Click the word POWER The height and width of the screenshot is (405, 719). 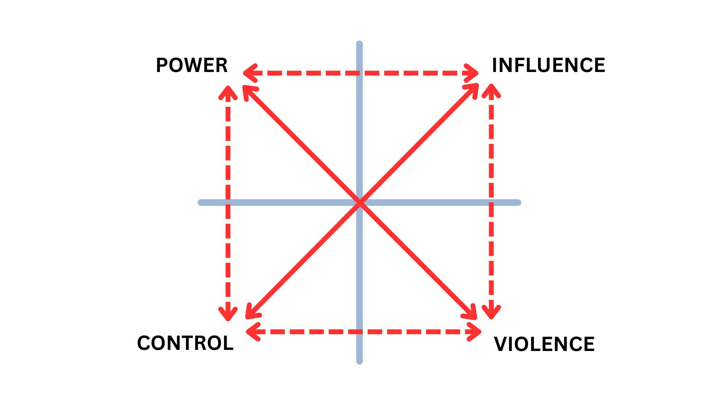click(191, 65)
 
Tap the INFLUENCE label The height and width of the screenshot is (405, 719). click(548, 65)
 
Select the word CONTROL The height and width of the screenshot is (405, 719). click(185, 343)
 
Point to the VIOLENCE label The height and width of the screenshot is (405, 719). click(544, 344)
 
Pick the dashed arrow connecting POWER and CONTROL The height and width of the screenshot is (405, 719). click(228, 150)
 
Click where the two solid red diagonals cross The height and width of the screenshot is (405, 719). click(360, 203)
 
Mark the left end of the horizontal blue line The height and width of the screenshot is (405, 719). click(201, 202)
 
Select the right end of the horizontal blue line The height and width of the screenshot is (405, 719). click(518, 202)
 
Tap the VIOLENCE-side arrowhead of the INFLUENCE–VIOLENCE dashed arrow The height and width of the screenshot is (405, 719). click(491, 315)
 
